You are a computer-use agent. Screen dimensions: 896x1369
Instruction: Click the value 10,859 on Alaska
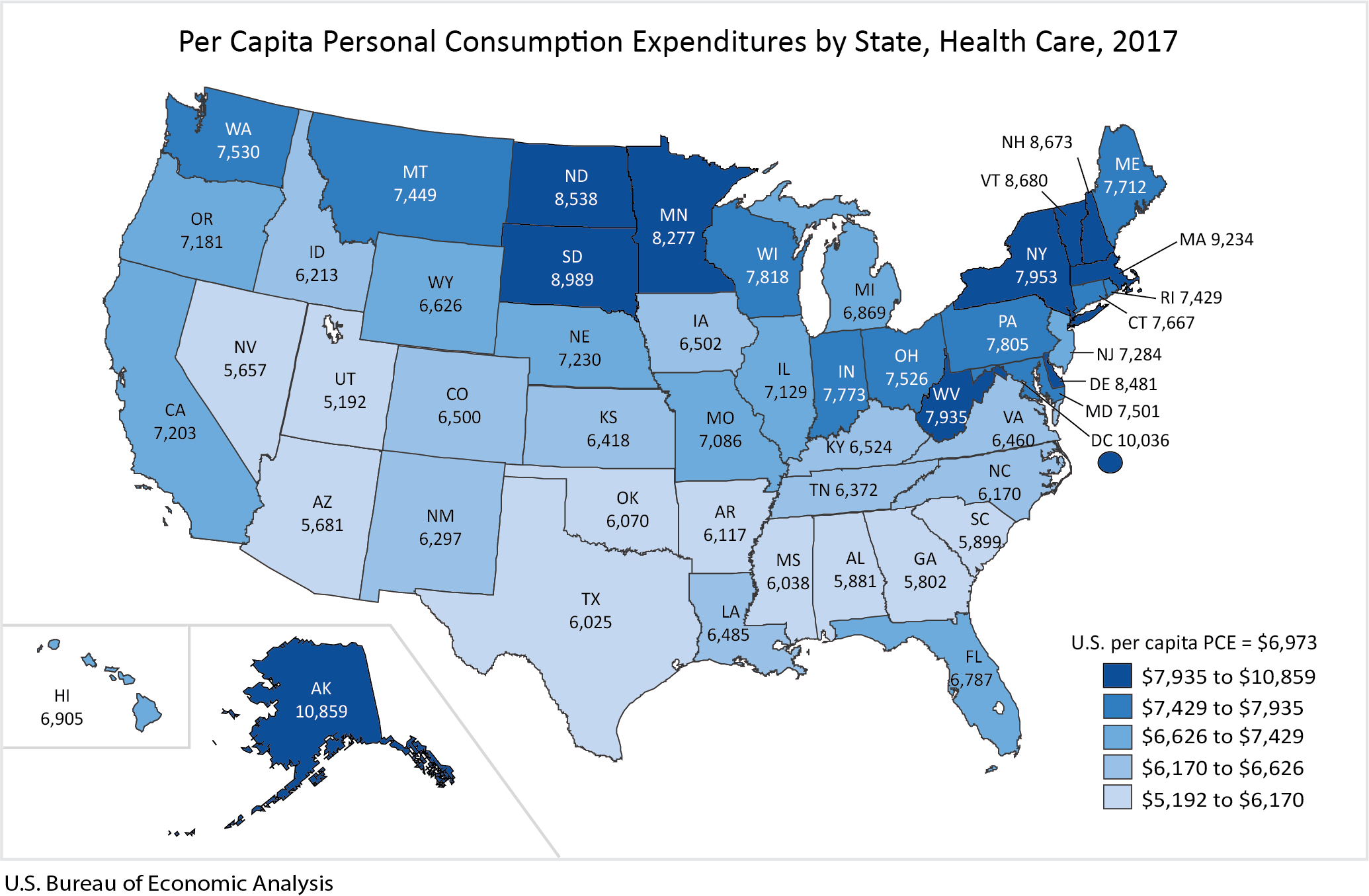321,712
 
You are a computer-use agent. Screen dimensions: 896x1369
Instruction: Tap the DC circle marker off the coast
1110,462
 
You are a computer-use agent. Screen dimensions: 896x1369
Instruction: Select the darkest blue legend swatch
1117,676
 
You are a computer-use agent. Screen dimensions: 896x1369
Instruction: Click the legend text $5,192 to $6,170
1222,799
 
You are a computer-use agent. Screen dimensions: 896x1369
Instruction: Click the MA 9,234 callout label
1216,239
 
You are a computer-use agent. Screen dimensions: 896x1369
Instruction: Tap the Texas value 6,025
590,622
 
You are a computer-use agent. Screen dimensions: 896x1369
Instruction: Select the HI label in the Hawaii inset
62,696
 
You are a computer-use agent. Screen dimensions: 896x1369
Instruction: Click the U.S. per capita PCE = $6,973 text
1193,643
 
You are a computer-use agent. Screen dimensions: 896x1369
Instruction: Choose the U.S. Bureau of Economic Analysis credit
168,883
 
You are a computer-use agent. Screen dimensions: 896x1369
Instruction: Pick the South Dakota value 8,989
572,280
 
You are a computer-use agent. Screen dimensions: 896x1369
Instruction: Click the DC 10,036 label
1129,440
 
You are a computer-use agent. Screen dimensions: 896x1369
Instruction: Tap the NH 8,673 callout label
1036,142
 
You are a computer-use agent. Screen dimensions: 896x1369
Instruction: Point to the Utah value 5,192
345,402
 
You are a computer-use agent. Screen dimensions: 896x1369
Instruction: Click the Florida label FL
974,657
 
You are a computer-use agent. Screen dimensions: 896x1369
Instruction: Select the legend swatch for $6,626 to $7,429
1117,737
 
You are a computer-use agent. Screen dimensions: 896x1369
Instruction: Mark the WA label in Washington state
238,129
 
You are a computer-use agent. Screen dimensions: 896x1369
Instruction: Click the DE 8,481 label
1123,384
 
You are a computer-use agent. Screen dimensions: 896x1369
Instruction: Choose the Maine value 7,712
1124,187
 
